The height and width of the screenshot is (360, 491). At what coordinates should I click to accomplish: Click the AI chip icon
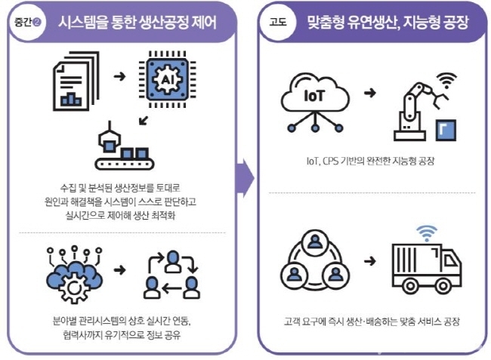(167, 79)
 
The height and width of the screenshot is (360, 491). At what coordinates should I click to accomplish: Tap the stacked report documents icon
(76, 82)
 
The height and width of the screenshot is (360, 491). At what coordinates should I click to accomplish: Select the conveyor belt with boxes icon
(125, 146)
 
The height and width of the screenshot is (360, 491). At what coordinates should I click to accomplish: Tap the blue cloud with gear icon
(75, 275)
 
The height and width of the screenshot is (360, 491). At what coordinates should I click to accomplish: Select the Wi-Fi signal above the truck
(427, 232)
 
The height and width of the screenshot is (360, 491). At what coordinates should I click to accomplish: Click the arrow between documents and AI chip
(119, 76)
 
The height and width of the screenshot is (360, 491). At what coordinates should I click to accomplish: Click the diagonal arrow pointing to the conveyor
(144, 121)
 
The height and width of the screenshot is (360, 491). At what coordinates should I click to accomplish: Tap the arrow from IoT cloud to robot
(370, 93)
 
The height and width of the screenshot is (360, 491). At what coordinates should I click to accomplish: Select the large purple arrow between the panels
(246, 179)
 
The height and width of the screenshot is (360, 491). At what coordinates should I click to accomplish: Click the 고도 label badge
(278, 22)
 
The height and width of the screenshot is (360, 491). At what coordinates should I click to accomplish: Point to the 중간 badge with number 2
(27, 22)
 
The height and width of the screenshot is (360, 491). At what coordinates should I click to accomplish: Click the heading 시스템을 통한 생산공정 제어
(137, 23)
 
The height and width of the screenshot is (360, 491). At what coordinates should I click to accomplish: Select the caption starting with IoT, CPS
(371, 161)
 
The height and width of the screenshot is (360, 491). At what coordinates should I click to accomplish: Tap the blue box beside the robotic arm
(446, 130)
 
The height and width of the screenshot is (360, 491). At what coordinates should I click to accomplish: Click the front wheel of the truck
(443, 285)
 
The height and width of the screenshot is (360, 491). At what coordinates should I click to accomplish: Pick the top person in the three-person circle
(314, 242)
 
